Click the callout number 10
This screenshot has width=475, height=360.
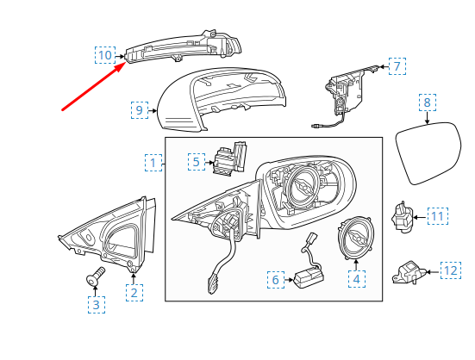[x=105, y=55]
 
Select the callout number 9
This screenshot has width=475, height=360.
[x=140, y=110]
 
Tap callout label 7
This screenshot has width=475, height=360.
[x=397, y=66]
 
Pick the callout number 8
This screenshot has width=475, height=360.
[x=428, y=102]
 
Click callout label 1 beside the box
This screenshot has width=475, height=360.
[x=153, y=163]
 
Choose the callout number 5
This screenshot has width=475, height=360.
[x=197, y=162]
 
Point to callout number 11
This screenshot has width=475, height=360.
[x=438, y=216]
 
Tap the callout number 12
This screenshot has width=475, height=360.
[x=451, y=270]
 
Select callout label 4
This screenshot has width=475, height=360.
[x=357, y=279]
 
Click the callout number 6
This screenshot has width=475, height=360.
[x=276, y=280]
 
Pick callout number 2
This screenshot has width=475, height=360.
[x=134, y=293]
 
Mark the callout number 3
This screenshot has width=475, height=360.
[x=97, y=304]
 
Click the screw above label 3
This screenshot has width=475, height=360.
[x=95, y=276]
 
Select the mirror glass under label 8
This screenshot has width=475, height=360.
[x=428, y=153]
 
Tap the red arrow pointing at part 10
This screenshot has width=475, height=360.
[x=94, y=86]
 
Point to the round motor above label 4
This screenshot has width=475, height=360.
[x=356, y=238]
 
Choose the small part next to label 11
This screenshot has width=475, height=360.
[x=402, y=218]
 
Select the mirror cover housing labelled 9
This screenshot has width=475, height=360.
[x=222, y=100]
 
